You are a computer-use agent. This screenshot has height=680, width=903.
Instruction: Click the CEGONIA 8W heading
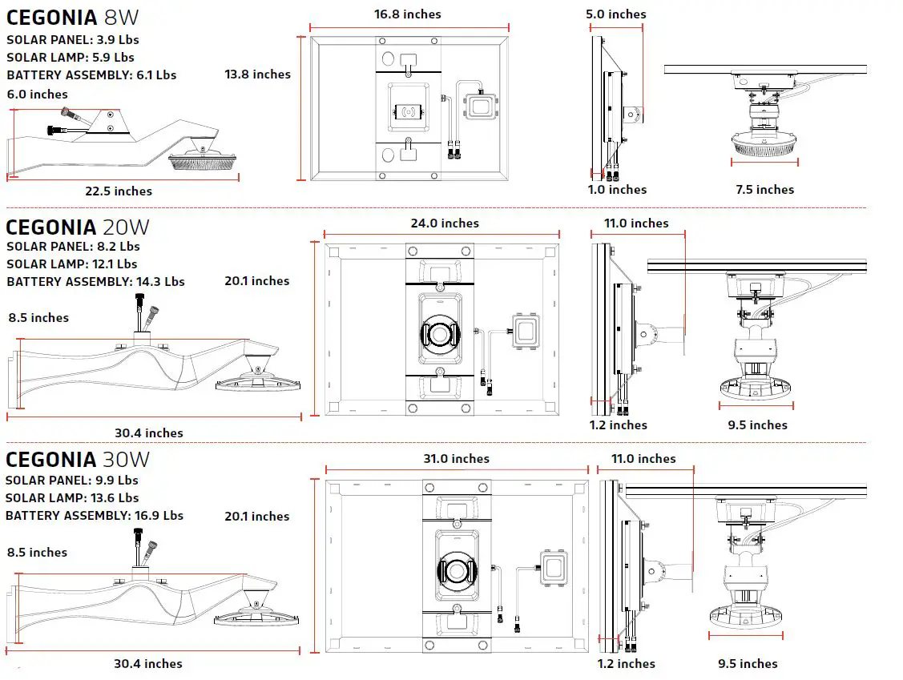coord(77,18)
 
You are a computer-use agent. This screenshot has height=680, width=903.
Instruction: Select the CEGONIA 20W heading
coord(77,227)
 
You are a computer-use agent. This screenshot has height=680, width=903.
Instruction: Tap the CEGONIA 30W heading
coord(77,460)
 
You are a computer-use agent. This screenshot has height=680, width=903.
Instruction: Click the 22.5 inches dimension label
coord(119,191)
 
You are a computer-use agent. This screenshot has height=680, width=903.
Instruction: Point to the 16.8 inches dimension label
coord(407,14)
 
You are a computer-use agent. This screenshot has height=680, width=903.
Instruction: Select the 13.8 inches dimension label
coord(257,74)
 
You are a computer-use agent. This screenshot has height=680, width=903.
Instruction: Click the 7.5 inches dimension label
coord(764,190)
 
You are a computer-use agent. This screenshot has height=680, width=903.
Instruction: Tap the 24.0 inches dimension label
coord(445,223)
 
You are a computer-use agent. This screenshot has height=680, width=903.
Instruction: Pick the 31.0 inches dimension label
coord(456,459)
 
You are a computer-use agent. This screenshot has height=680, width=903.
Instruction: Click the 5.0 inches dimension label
coord(615,14)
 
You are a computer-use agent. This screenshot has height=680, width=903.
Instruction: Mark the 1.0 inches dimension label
coord(616,190)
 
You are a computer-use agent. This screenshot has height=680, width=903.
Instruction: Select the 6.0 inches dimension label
coord(38,95)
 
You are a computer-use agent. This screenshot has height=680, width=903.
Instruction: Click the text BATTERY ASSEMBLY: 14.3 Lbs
coord(95,282)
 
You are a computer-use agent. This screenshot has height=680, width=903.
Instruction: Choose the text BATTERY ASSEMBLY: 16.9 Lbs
coord(95,516)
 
